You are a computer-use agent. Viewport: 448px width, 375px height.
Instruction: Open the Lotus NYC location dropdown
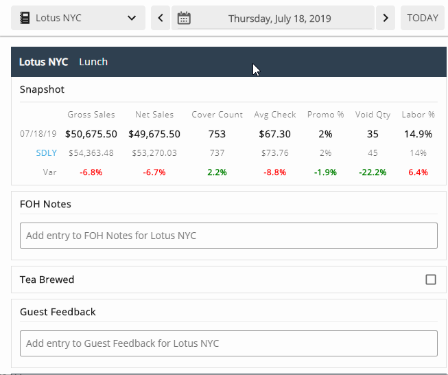[78, 18]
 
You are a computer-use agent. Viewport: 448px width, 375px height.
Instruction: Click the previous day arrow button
[161, 18]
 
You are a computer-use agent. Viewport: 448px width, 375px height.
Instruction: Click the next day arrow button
[386, 18]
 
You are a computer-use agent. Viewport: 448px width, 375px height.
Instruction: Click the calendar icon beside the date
[184, 18]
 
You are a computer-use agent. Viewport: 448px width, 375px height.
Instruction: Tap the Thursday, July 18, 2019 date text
[279, 19]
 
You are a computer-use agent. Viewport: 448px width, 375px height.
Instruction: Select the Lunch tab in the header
[93, 62]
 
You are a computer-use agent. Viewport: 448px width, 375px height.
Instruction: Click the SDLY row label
[47, 153]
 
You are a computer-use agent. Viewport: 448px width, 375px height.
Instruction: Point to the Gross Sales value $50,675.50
[91, 134]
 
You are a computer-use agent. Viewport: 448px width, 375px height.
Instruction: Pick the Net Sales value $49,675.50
[154, 134]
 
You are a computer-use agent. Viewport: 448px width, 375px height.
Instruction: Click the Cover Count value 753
[217, 134]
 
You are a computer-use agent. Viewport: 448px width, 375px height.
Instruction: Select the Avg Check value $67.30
[275, 134]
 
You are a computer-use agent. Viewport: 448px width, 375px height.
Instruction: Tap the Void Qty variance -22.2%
[373, 172]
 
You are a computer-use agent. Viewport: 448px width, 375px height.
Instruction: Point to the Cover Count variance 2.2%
[217, 172]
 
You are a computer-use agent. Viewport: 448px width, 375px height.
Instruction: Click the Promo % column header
[326, 115]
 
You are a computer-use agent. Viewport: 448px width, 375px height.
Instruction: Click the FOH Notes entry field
[228, 236]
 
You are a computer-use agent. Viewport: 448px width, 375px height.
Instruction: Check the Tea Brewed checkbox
[431, 280]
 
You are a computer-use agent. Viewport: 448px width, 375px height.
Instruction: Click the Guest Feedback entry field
[228, 343]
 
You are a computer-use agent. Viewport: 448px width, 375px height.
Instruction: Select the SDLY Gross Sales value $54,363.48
[91, 153]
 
